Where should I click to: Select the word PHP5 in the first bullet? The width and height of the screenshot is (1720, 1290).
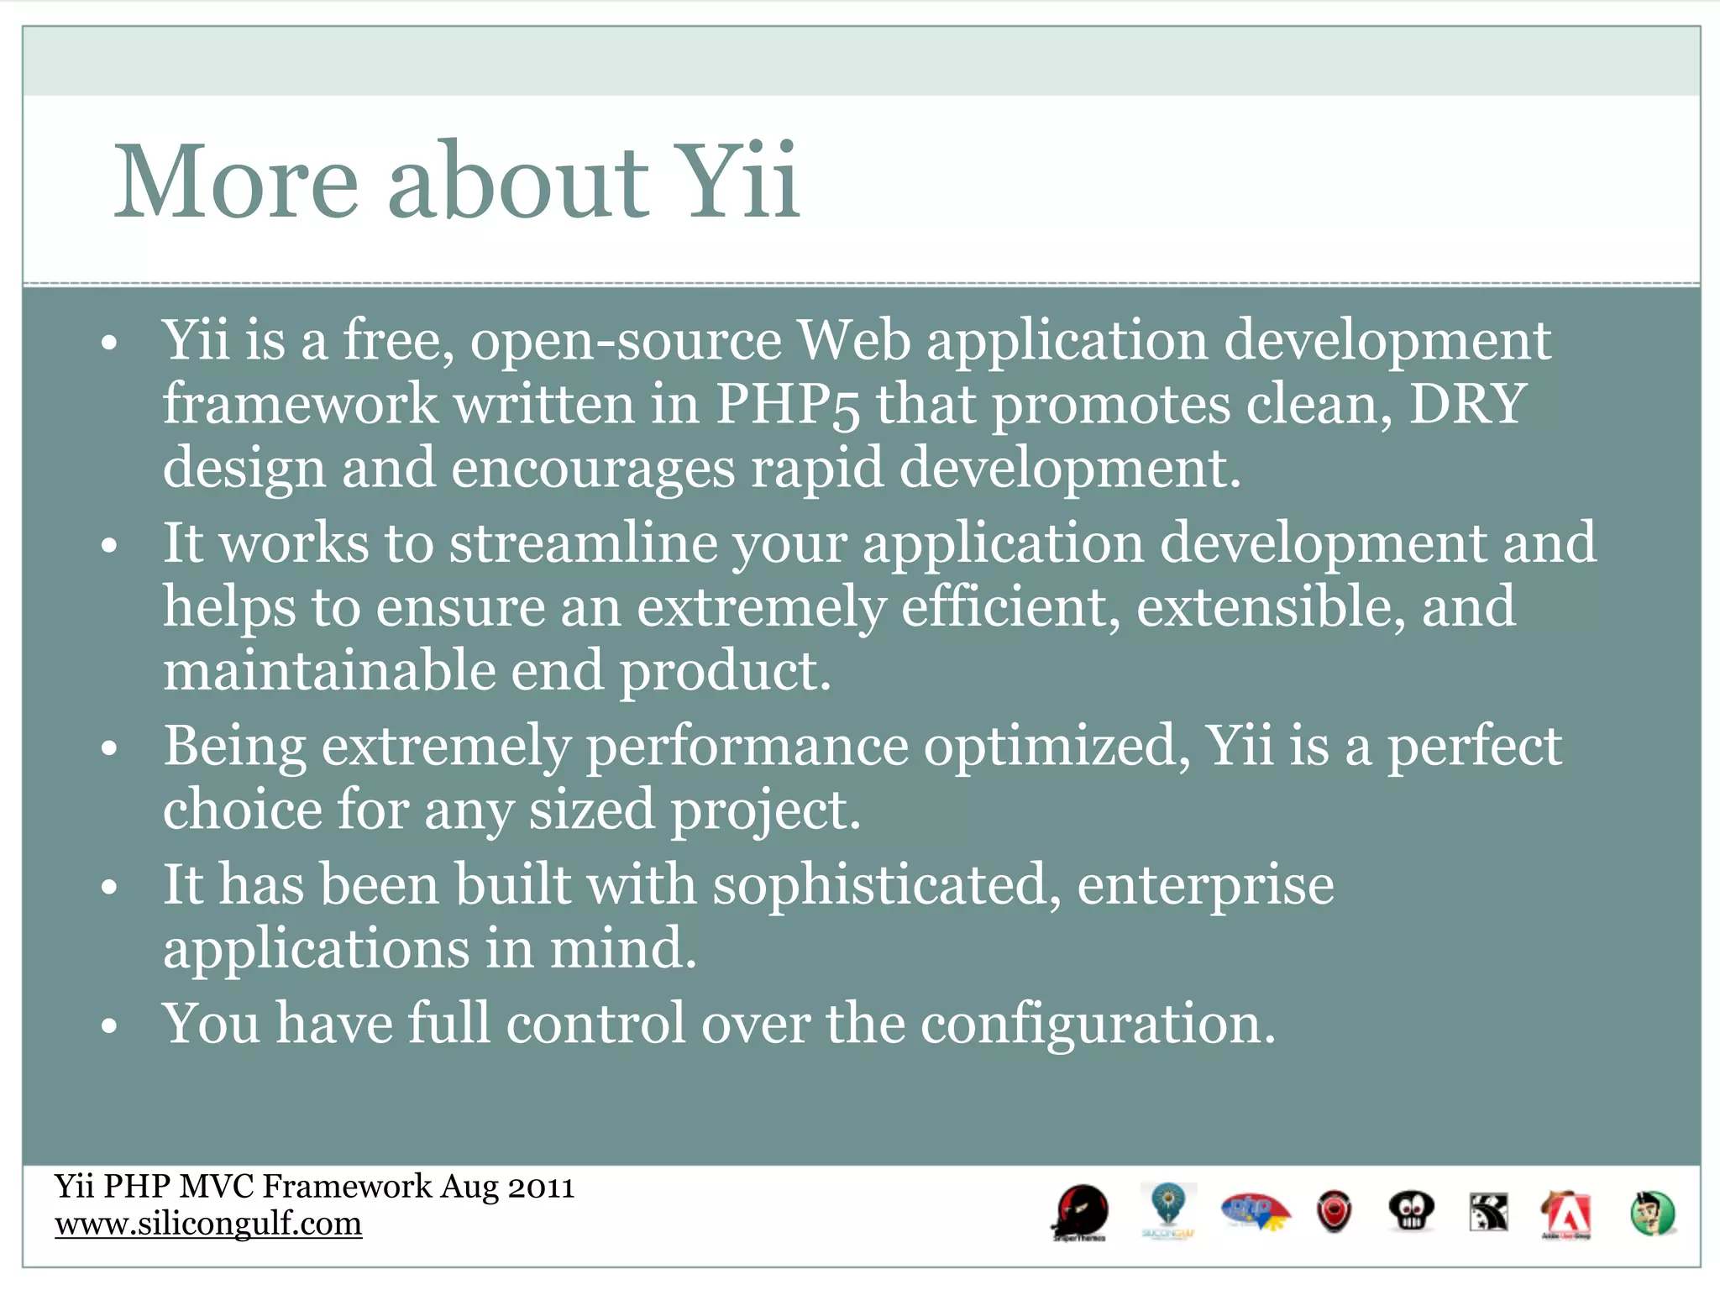pyautogui.click(x=787, y=405)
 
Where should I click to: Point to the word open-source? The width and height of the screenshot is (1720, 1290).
pyautogui.click(x=626, y=342)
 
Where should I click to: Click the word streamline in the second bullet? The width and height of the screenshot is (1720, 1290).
pyautogui.click(x=583, y=543)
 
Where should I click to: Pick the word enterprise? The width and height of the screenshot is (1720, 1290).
pyautogui.click(x=1205, y=887)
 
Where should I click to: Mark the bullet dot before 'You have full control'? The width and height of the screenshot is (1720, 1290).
pyautogui.click(x=108, y=1026)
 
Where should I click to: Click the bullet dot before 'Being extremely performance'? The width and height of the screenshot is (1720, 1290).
pyautogui.click(x=108, y=747)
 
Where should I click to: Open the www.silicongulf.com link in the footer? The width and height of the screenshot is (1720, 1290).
pyautogui.click(x=208, y=1224)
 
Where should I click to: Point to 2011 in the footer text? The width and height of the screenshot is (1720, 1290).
pyautogui.click(x=542, y=1188)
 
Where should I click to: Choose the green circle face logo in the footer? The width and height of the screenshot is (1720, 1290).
pyautogui.click(x=1651, y=1214)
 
